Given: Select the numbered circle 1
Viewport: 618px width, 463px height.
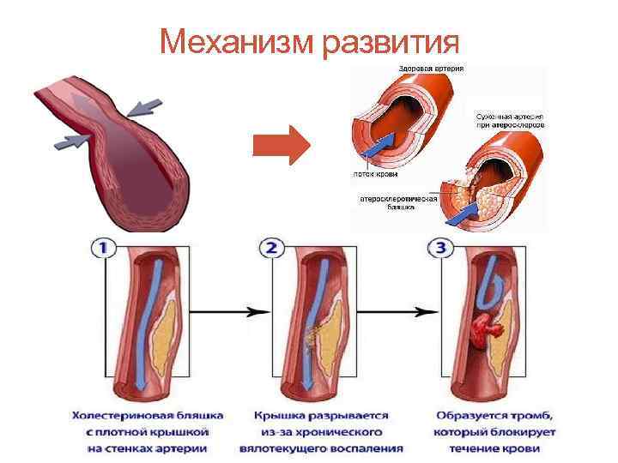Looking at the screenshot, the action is pos(103,248).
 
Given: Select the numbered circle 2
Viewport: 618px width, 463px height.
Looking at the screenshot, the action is pos(271,248).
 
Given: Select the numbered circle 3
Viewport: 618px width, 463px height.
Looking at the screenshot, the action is pos(440,248).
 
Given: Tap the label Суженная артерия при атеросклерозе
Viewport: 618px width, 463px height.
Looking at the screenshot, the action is pos(510,120).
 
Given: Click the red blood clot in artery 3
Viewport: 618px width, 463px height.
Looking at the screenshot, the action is pos(485,330).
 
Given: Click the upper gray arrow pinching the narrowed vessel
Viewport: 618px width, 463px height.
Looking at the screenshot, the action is pos(142,106).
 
